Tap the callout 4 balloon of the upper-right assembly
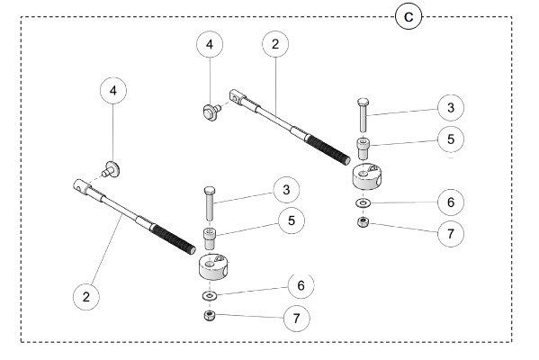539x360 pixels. (x=209, y=43)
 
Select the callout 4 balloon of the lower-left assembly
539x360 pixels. (x=113, y=91)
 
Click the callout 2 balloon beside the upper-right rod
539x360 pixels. (x=275, y=43)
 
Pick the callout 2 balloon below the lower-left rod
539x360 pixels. (x=86, y=295)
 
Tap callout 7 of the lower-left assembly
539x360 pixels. (x=292, y=318)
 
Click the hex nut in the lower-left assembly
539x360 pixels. (x=208, y=315)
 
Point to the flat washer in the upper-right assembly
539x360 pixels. (x=361, y=202)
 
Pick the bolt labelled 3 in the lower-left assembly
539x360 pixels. (x=208, y=202)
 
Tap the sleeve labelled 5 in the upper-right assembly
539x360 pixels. (x=363, y=148)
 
